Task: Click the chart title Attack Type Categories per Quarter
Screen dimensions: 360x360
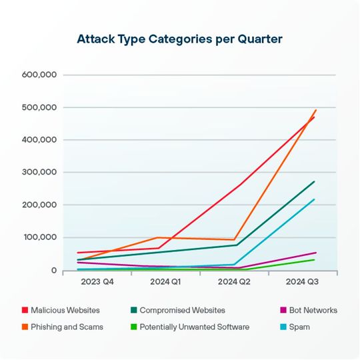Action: click(180, 39)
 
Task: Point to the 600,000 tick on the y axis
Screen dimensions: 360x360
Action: click(39, 75)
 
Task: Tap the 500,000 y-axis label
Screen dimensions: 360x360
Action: click(39, 107)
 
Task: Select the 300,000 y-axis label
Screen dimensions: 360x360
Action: click(39, 172)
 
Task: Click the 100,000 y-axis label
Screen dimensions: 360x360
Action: click(39, 237)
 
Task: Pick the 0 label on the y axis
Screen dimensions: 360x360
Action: click(53, 270)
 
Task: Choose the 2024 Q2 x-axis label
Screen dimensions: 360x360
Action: click(235, 283)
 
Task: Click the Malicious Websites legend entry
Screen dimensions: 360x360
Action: click(65, 310)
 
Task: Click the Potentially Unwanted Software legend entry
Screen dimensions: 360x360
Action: click(189, 327)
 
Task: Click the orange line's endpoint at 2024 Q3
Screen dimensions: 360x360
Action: click(315, 110)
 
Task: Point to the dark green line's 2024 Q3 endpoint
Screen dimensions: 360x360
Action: click(315, 181)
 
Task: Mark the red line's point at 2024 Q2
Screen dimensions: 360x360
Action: click(235, 187)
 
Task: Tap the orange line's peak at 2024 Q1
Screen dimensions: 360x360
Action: click(157, 237)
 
